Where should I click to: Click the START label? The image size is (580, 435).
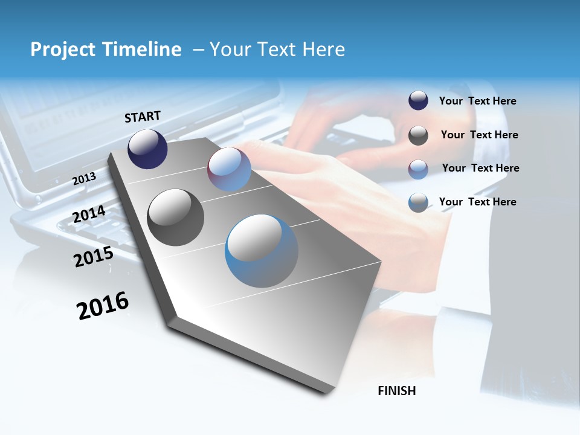tap(143, 117)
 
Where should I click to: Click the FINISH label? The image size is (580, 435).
tap(396, 391)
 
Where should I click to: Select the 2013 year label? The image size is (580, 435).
tap(84, 179)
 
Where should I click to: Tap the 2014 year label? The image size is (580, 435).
tap(89, 214)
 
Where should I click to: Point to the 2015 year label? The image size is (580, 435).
tap(93, 257)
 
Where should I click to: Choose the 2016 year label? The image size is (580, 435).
tap(103, 305)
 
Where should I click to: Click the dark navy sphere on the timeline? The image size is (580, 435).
tap(147, 149)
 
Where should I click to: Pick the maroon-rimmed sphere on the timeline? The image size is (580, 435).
tap(229, 169)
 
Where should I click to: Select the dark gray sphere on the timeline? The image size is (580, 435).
tap(175, 217)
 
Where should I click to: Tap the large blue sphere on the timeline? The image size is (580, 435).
tap(262, 251)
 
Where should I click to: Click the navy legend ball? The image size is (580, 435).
tap(418, 101)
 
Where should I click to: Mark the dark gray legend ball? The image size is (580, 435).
tap(418, 135)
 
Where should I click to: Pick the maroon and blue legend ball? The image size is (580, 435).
tap(418, 169)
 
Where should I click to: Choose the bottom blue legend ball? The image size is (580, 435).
tap(418, 202)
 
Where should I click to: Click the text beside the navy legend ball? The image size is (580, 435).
tap(477, 101)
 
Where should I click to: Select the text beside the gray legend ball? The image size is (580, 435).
tap(479, 135)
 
